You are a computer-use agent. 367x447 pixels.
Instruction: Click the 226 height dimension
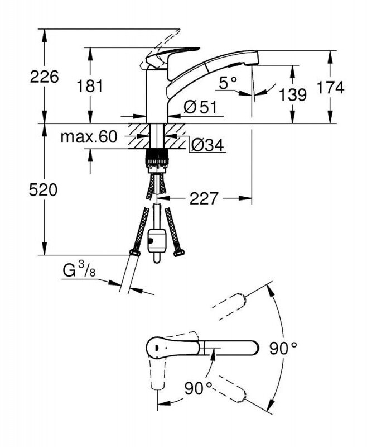[x=45, y=77]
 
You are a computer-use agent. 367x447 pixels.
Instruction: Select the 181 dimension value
[x=90, y=86]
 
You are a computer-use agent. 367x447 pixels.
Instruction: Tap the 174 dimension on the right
[x=330, y=88]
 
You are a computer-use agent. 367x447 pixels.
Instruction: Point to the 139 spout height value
[x=293, y=94]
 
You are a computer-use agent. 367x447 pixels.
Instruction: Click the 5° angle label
[x=228, y=83]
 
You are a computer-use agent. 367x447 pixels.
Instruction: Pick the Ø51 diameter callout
[x=200, y=107]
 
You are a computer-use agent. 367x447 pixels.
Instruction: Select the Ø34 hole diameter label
[x=207, y=146]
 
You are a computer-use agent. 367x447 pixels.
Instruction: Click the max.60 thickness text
[x=89, y=137]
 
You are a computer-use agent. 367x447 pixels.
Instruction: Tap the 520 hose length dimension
[x=43, y=189]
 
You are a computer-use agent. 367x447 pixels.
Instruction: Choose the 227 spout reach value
[x=204, y=198]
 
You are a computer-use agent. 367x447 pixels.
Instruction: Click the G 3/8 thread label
[x=79, y=270]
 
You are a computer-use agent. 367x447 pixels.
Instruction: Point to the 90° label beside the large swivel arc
[x=283, y=348]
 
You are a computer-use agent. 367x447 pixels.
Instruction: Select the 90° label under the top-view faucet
[x=199, y=388]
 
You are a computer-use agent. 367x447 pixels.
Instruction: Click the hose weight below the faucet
[x=157, y=241]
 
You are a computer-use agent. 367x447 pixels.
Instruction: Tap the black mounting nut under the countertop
[x=157, y=158]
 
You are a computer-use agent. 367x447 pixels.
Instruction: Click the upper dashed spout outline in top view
[x=230, y=306]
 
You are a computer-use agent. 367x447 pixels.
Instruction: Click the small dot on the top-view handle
[x=156, y=348]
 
